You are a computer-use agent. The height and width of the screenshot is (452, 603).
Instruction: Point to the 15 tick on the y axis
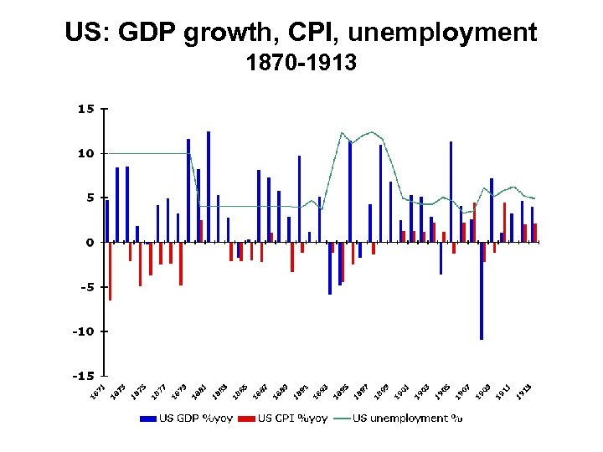click(85, 109)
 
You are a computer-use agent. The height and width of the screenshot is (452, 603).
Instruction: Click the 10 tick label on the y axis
click(85, 153)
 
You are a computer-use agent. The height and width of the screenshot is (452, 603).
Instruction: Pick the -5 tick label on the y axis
click(85, 286)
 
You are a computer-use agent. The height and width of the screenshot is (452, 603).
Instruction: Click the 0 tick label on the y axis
click(90, 242)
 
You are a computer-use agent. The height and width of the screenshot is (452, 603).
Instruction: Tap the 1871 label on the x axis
click(99, 389)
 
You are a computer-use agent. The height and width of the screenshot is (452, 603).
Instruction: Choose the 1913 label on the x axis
click(524, 390)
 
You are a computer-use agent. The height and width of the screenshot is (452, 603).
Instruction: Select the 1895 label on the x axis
click(342, 390)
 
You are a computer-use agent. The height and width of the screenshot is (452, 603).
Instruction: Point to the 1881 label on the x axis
click(199, 390)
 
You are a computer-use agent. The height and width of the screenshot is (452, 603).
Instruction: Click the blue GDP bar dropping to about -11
click(482, 290)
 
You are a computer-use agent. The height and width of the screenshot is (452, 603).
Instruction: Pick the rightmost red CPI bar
click(535, 233)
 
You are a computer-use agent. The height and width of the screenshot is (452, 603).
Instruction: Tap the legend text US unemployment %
click(408, 418)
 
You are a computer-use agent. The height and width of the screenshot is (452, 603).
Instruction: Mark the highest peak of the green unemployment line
click(342, 133)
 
